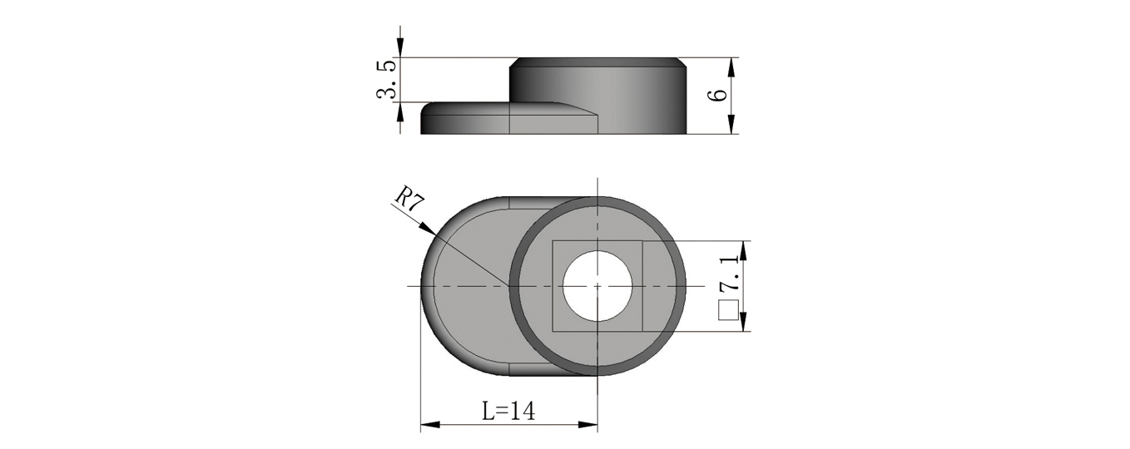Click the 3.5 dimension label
[x=385, y=80]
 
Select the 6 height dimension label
[x=718, y=96]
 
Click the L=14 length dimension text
[x=508, y=412]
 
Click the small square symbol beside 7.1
[x=728, y=309]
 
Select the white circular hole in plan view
[x=597, y=286]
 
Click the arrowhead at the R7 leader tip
[x=427, y=229]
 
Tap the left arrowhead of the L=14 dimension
[x=430, y=426]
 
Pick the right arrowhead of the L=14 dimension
[x=587, y=426]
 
